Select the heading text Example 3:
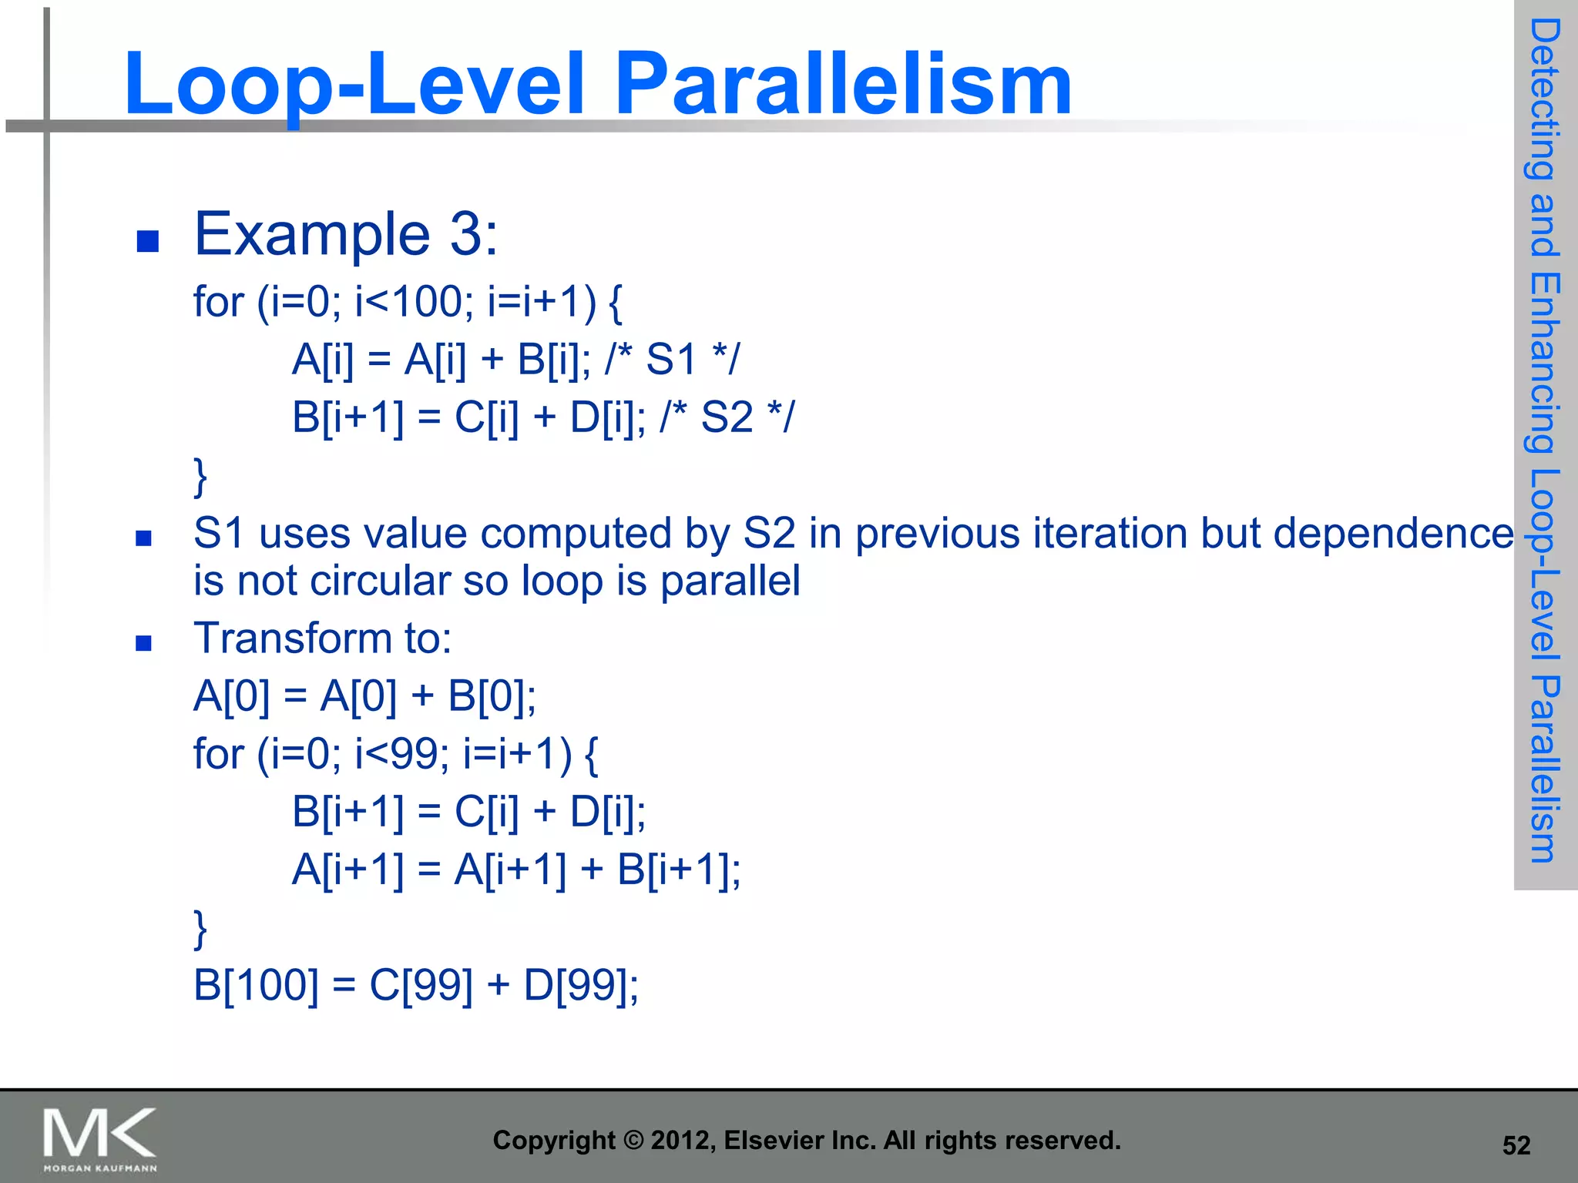pos(346,234)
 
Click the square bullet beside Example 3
pos(147,241)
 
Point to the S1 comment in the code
pos(672,359)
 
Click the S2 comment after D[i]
pos(727,417)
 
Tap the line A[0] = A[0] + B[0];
pos(364,695)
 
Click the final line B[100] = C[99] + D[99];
pos(416,984)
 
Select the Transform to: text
pos(323,638)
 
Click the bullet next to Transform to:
pos(143,643)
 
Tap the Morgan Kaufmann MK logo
pos(100,1138)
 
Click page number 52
pos(1516,1145)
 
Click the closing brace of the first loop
pos(200,477)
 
